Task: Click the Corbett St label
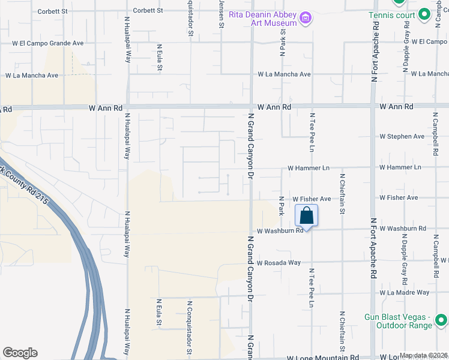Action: coord(53,11)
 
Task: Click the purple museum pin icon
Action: coord(306,19)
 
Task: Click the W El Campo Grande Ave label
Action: coord(48,43)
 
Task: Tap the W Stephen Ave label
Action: coord(402,137)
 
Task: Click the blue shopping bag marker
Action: coord(306,216)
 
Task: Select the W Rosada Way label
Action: coord(279,263)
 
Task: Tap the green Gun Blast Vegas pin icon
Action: coord(441,319)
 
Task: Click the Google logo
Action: coord(20,353)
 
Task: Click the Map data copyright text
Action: coord(424,355)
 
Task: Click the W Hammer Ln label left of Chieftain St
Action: coord(309,169)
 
